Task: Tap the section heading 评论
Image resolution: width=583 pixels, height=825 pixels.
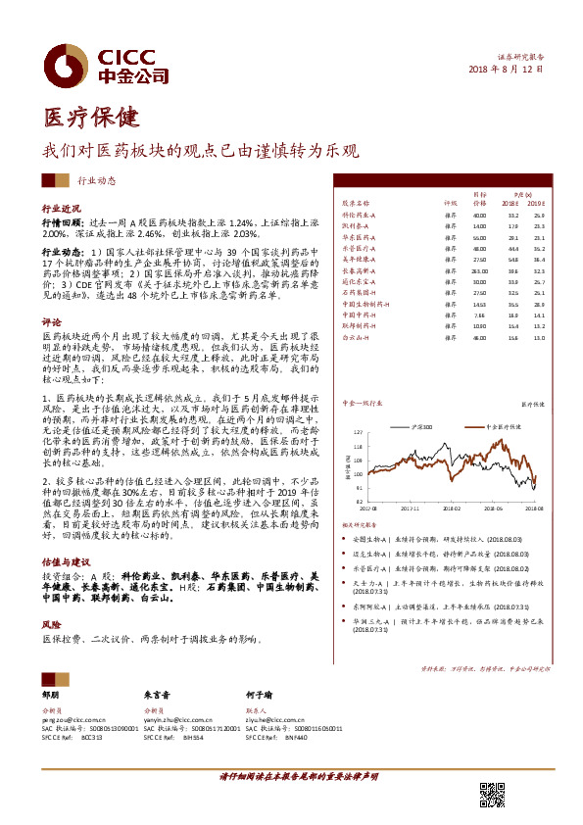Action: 51,321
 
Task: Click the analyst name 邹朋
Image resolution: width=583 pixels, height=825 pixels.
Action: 50,693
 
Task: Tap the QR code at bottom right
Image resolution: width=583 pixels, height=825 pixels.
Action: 493,795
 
